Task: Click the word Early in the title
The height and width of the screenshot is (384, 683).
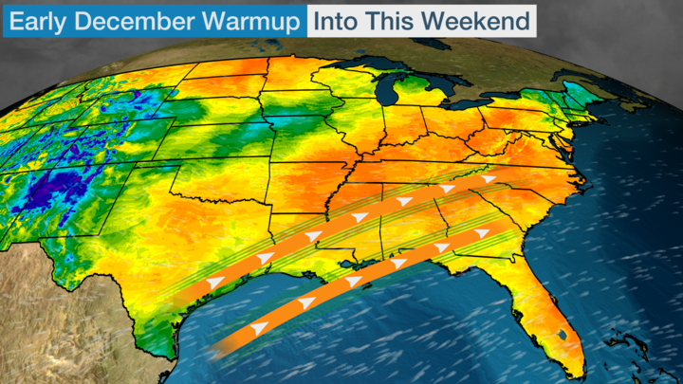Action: [40, 18]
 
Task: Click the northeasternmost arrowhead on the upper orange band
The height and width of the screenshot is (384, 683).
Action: [489, 178]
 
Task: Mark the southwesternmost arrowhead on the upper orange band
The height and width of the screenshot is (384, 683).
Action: [214, 283]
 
